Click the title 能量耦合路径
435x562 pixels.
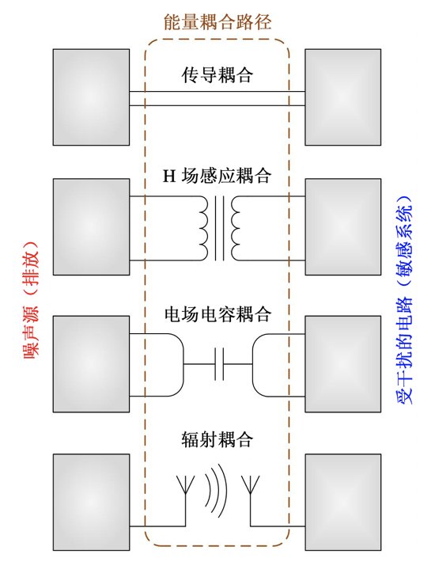(217, 22)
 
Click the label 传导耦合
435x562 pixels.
(217, 75)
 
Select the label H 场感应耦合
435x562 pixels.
(217, 176)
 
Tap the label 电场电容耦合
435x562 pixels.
(217, 314)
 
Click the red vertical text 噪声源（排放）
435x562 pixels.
(31, 300)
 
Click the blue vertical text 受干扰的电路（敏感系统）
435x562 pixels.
(404, 300)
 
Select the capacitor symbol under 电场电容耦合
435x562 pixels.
(219, 364)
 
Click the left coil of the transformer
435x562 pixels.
(203, 228)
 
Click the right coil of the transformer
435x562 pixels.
(236, 228)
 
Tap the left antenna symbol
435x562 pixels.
(185, 500)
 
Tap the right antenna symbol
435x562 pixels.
(250, 500)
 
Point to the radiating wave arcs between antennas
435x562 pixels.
(217, 490)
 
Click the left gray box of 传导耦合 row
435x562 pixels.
(91, 97)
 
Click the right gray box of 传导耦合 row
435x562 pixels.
(343, 97)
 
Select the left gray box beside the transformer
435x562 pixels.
(91, 227)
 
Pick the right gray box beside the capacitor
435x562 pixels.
(343, 364)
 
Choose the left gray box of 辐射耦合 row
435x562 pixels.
(91, 503)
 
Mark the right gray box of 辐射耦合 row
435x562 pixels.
(343, 503)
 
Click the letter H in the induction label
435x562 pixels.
(169, 176)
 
